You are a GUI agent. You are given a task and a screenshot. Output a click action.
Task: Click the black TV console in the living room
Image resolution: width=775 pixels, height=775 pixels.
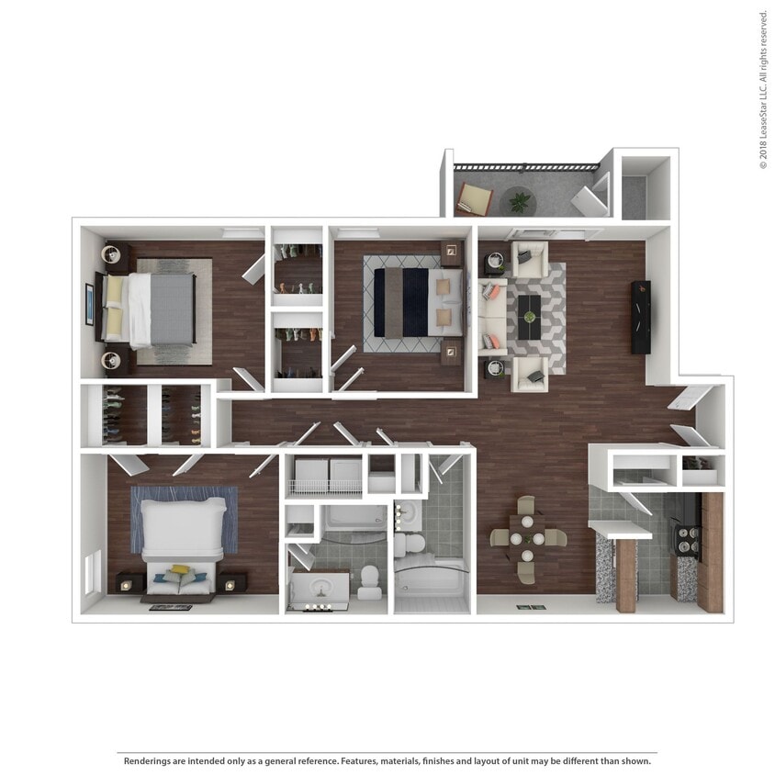(x=640, y=317)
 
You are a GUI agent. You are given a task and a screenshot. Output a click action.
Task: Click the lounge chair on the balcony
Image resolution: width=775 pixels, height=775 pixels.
(x=476, y=197)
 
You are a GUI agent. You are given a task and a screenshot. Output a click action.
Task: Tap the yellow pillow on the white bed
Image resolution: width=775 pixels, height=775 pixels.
(x=181, y=571)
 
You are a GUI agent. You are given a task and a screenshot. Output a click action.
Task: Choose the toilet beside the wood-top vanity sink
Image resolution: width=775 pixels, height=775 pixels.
(x=370, y=580)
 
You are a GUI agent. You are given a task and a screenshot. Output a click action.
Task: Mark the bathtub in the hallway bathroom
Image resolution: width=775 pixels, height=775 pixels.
(x=432, y=583)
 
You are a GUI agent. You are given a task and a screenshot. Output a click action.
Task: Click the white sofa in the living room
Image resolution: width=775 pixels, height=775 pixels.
(x=492, y=317)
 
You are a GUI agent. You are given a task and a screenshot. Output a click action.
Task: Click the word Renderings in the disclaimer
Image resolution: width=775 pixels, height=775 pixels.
(x=152, y=761)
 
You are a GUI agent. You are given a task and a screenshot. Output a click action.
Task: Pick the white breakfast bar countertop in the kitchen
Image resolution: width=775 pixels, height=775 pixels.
(x=620, y=530)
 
